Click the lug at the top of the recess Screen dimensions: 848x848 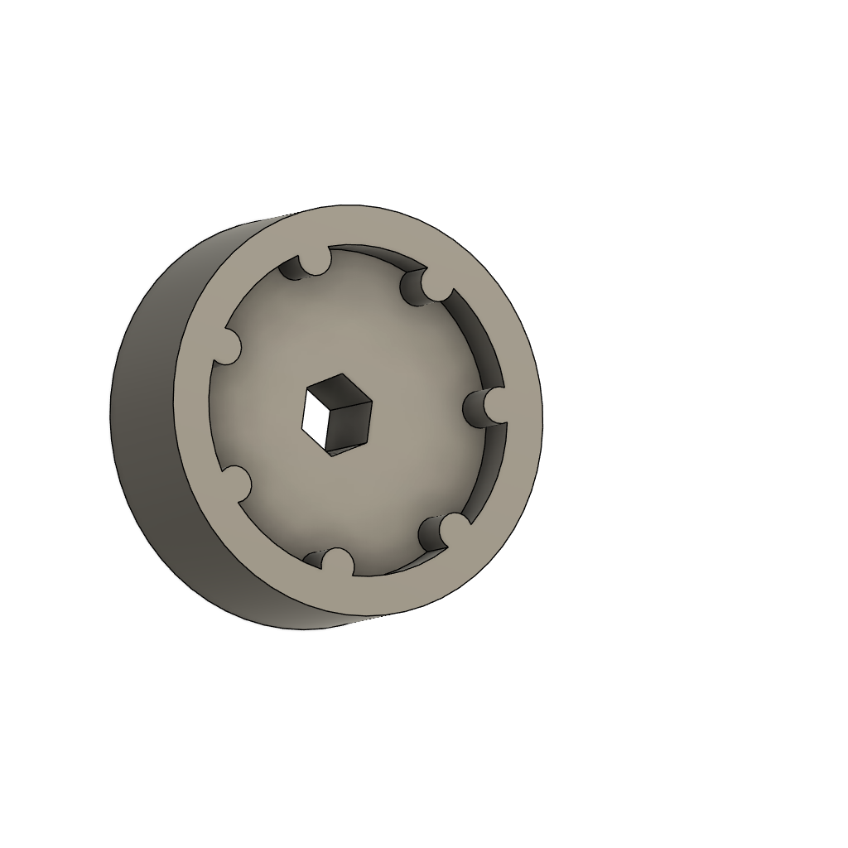tap(314, 261)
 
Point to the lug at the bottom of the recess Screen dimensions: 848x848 tap(335, 562)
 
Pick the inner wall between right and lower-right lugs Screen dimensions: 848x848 tap(490, 472)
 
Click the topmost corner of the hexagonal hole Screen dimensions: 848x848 tap(340, 374)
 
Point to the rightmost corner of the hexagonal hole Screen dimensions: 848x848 tap(372, 403)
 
